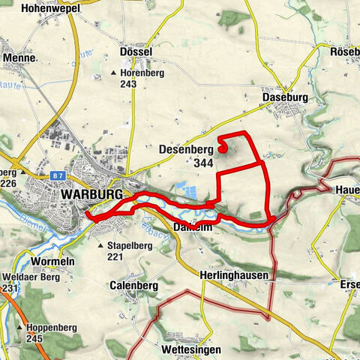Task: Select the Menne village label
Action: pos(19,57)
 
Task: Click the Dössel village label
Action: pos(136,52)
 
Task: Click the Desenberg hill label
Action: pos(185,148)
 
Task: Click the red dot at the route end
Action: pos(223,148)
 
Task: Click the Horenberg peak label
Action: pos(142,73)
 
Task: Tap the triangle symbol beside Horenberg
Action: pos(114,73)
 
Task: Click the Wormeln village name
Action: pos(52,261)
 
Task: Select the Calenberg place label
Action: pos(132,286)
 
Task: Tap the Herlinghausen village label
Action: pos(234,275)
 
